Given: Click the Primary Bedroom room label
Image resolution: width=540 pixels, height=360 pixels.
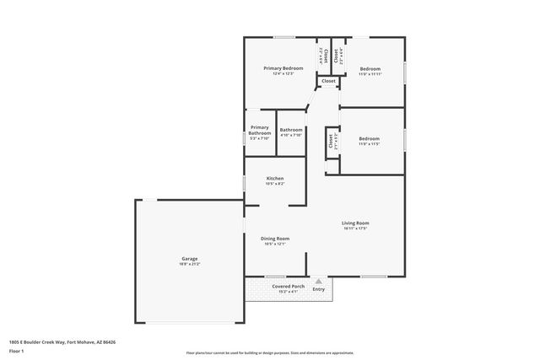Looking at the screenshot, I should click(x=283, y=67).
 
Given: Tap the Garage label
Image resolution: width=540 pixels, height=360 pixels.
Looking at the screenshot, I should click(x=189, y=259).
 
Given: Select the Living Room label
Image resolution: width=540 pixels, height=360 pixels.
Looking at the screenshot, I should click(x=355, y=223).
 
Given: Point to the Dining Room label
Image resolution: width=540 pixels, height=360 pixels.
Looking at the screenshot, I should click(x=275, y=239).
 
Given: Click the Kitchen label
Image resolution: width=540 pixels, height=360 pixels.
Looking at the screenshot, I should click(x=275, y=178).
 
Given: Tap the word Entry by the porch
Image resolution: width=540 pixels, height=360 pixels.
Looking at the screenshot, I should click(x=318, y=289).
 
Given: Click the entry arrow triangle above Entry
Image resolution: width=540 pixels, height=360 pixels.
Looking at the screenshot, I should click(x=318, y=281).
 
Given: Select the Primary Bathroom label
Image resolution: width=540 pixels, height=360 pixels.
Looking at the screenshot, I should click(x=259, y=131).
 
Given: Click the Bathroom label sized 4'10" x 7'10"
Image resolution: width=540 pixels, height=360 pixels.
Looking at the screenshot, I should click(x=291, y=130).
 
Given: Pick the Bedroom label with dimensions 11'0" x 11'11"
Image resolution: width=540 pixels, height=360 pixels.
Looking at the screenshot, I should click(x=370, y=68).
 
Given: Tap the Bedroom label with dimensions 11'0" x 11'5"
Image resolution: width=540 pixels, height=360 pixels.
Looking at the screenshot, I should click(x=369, y=138).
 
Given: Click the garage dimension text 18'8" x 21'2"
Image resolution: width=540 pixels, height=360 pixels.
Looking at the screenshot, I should click(x=189, y=265).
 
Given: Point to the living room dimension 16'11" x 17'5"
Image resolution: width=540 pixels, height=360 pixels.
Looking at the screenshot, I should click(x=355, y=228).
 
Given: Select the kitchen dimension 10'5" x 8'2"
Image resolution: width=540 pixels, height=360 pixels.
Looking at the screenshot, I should click(x=275, y=184).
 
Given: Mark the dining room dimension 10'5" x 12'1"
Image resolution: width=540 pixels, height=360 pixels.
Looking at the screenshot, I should click(x=275, y=244).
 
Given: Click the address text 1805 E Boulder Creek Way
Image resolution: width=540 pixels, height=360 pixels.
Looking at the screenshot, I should click(x=61, y=341).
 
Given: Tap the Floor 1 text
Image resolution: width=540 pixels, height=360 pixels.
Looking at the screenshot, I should click(x=17, y=350).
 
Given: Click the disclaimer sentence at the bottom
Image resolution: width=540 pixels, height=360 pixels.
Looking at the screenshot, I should click(x=270, y=353).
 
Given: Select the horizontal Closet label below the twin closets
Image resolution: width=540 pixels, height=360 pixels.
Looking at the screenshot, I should click(x=328, y=81).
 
